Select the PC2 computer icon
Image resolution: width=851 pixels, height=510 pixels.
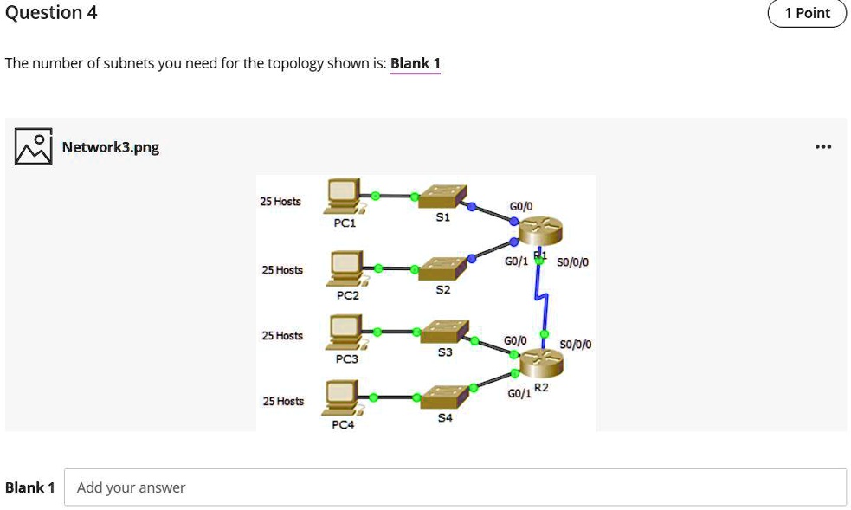point(348,268)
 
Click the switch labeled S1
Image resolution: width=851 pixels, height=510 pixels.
point(442,197)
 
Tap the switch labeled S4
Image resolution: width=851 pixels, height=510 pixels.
point(443,397)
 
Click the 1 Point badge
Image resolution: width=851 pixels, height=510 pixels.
point(806,13)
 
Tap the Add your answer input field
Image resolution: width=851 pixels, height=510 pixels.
point(455,487)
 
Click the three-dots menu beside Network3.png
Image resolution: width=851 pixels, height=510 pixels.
point(822,146)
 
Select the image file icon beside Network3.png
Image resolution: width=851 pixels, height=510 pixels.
point(32,146)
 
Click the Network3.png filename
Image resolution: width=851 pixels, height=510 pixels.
point(111,146)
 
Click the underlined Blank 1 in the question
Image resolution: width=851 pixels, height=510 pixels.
point(416,63)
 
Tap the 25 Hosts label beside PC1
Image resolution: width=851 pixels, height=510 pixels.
point(280,202)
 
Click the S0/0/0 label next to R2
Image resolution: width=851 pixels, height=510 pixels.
point(576,345)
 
